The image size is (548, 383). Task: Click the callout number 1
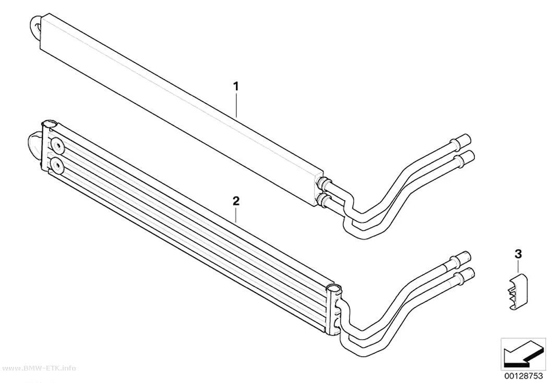(236, 86)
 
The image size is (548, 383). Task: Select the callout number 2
(236, 201)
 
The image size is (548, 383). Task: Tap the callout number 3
(518, 254)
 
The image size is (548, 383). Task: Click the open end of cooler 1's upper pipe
(467, 140)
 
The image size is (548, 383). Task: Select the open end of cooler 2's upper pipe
(466, 257)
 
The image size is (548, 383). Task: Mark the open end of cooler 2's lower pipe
(468, 274)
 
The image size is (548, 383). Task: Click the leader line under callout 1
(236, 105)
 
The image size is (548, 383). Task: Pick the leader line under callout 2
(236, 215)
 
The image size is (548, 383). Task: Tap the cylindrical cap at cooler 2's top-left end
(49, 124)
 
